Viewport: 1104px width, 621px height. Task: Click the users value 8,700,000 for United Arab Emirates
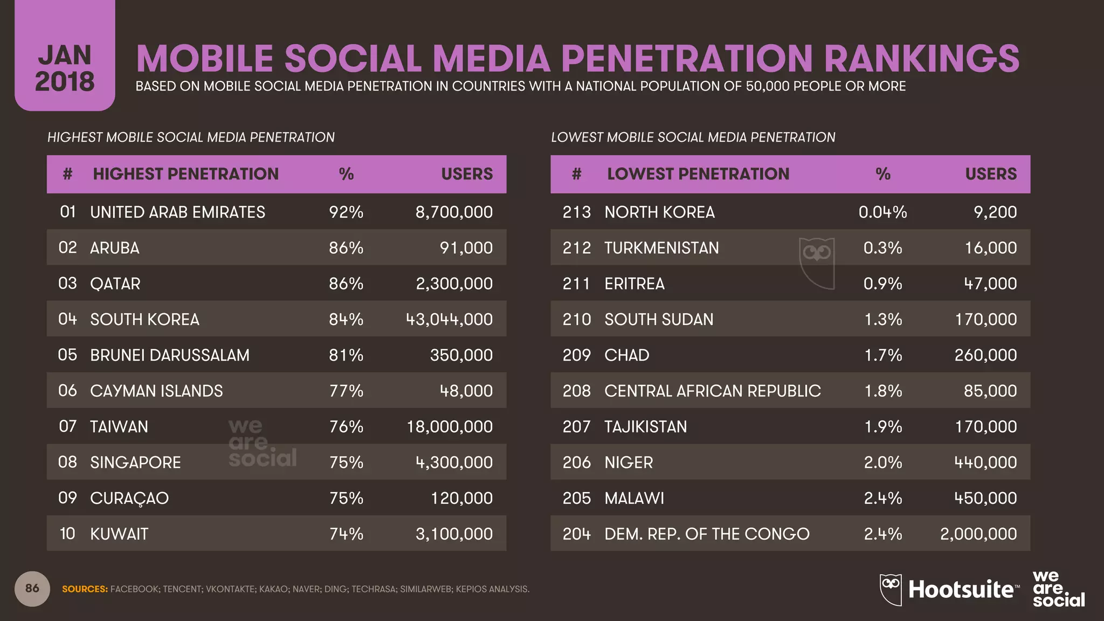(454, 212)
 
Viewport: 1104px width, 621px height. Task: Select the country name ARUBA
(114, 248)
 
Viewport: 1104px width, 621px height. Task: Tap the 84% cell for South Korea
(346, 319)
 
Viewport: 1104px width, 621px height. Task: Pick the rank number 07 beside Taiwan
(68, 426)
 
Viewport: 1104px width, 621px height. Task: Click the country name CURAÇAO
(129, 498)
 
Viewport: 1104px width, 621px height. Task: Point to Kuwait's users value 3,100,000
(454, 534)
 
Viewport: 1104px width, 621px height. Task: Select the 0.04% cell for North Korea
(882, 212)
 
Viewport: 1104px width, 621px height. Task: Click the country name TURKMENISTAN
(661, 248)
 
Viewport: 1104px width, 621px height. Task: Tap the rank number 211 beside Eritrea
(576, 284)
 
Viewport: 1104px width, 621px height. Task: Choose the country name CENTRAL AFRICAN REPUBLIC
(712, 391)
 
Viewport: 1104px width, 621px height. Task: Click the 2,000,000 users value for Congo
(978, 534)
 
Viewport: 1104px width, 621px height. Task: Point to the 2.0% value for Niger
(882, 463)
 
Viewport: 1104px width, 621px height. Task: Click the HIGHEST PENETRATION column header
(185, 174)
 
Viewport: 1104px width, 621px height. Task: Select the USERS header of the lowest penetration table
(990, 174)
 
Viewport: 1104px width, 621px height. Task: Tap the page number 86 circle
(32, 588)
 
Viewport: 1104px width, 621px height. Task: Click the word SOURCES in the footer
(85, 589)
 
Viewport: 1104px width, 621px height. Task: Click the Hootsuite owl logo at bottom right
(891, 589)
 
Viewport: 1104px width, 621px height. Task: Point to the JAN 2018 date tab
(65, 67)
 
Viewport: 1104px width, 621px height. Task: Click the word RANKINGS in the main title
(921, 58)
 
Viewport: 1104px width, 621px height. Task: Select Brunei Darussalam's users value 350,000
(461, 355)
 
